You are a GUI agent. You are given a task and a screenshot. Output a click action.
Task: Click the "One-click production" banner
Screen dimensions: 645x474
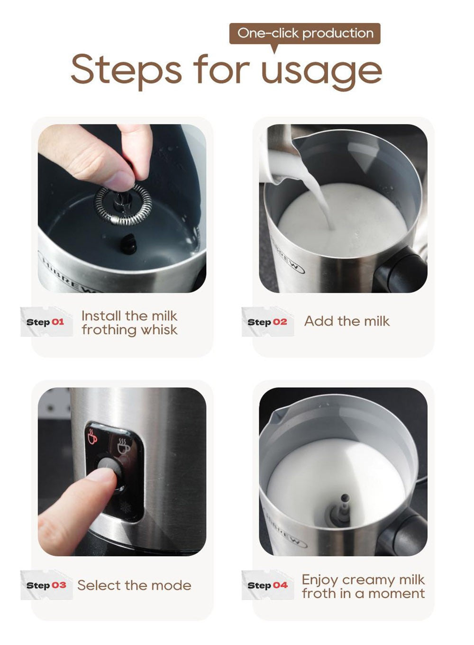click(305, 33)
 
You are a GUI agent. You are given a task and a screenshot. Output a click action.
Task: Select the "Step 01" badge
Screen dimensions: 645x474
click(46, 322)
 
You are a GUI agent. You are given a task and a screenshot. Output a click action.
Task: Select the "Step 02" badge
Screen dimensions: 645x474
click(267, 322)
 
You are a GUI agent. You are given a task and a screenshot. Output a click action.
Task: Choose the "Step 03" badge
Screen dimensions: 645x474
click(46, 585)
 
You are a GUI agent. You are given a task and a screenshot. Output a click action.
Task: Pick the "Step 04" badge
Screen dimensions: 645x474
click(267, 585)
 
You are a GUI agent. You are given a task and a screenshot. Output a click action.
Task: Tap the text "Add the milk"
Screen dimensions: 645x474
click(346, 321)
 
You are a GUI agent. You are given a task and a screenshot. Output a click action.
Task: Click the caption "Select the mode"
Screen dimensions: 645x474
click(134, 585)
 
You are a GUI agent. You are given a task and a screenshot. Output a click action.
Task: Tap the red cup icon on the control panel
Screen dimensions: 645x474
click(92, 436)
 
